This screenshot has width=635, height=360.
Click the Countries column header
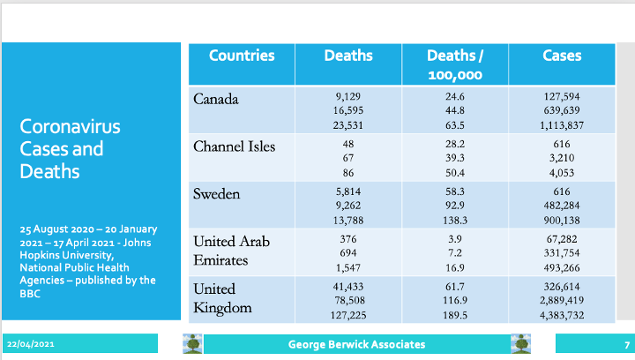click(242, 56)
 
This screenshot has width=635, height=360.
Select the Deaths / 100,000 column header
click(455, 65)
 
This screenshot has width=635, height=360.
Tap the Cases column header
click(562, 56)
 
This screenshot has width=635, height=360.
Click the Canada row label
click(216, 99)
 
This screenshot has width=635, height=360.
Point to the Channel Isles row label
click(234, 146)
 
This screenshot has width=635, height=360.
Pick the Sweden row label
click(217, 194)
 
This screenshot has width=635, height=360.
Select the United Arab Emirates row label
click(231, 251)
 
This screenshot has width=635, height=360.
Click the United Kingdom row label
click(222, 298)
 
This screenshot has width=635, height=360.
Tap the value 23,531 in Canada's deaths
click(348, 125)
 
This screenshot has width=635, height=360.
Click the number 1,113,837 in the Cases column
click(562, 125)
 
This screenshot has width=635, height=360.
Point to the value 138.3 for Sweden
click(455, 221)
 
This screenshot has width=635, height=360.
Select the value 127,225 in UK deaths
click(348, 315)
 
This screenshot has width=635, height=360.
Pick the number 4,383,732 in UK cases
click(562, 315)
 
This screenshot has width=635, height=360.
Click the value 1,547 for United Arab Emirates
click(348, 267)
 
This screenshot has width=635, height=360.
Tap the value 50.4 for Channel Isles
click(455, 173)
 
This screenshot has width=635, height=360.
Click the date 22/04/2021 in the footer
click(30, 344)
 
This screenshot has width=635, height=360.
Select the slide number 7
click(627, 345)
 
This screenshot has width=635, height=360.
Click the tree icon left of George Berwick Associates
click(192, 344)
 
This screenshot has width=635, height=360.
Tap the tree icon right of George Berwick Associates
click(521, 344)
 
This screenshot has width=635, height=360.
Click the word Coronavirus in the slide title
click(70, 126)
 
